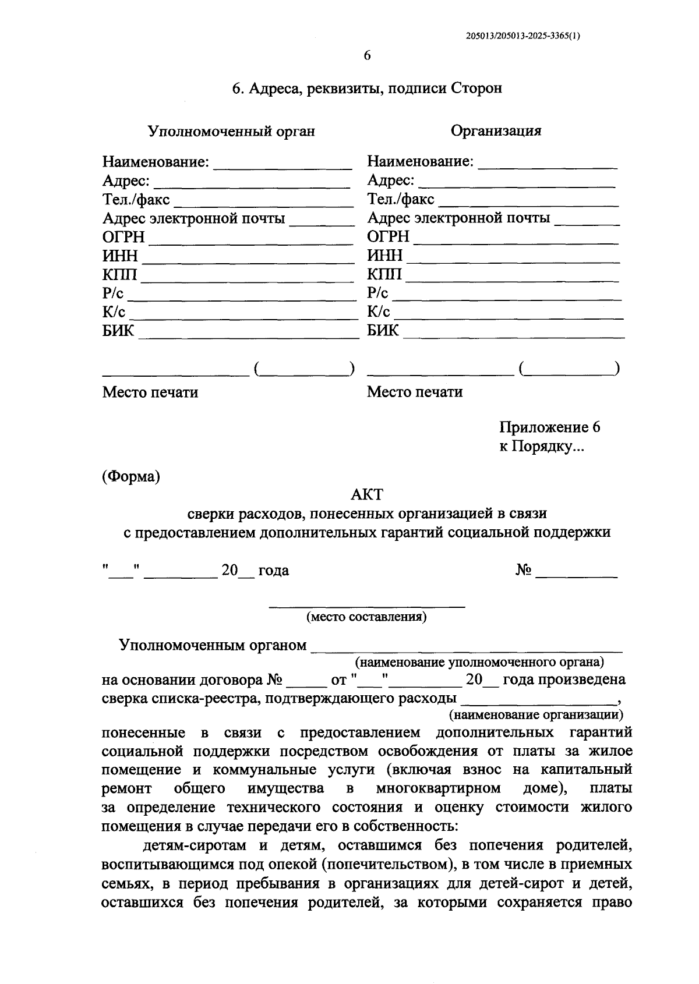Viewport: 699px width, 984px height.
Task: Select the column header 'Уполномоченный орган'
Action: (x=231, y=131)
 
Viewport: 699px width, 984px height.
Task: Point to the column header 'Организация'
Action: (x=496, y=130)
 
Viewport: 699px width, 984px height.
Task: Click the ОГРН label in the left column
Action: (x=123, y=237)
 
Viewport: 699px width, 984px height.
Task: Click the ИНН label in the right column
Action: (x=384, y=256)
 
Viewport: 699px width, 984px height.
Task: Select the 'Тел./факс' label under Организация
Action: (x=400, y=200)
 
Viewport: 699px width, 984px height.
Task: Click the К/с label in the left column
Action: (x=114, y=312)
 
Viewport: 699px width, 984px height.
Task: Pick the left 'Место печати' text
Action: (x=150, y=392)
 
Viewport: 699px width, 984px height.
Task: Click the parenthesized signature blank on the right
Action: (x=569, y=369)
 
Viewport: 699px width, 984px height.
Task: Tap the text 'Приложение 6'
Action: (x=549, y=427)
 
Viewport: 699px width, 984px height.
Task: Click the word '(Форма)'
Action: (x=131, y=476)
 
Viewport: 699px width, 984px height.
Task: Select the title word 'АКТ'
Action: (x=367, y=495)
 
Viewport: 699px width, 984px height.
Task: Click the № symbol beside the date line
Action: (x=524, y=571)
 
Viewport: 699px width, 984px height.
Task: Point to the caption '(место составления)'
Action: (x=367, y=617)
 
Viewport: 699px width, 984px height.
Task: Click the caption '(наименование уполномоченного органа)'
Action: (x=479, y=662)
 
